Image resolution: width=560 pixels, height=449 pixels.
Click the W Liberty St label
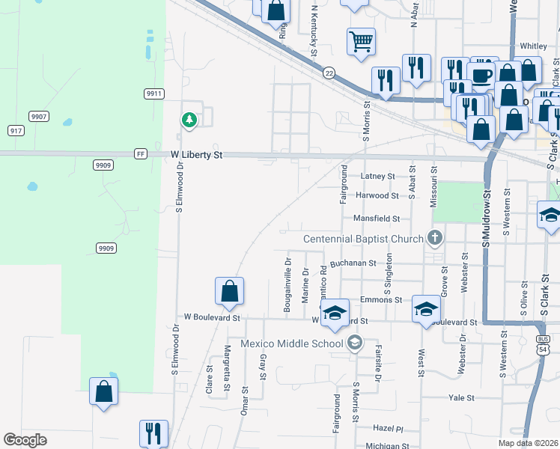pyautogui.click(x=197, y=155)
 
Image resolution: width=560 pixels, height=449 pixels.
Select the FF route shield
pyautogui.click(x=140, y=154)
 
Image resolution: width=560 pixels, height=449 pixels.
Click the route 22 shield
pyautogui.click(x=329, y=73)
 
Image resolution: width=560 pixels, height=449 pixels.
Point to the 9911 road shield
pyautogui.click(x=154, y=94)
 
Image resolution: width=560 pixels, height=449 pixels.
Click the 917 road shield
pyautogui.click(x=16, y=130)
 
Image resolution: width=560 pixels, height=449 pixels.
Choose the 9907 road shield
pyautogui.click(x=40, y=116)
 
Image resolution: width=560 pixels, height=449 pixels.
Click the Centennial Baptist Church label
pyautogui.click(x=363, y=239)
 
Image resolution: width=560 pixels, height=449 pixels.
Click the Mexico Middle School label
pyautogui.click(x=292, y=343)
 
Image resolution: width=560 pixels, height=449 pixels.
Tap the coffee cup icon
pyautogui.click(x=481, y=74)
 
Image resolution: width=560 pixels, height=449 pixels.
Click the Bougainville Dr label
pyautogui.click(x=287, y=285)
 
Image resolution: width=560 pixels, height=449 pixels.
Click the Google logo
pyautogui.click(x=25, y=440)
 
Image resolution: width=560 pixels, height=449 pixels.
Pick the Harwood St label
pyautogui.click(x=377, y=195)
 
